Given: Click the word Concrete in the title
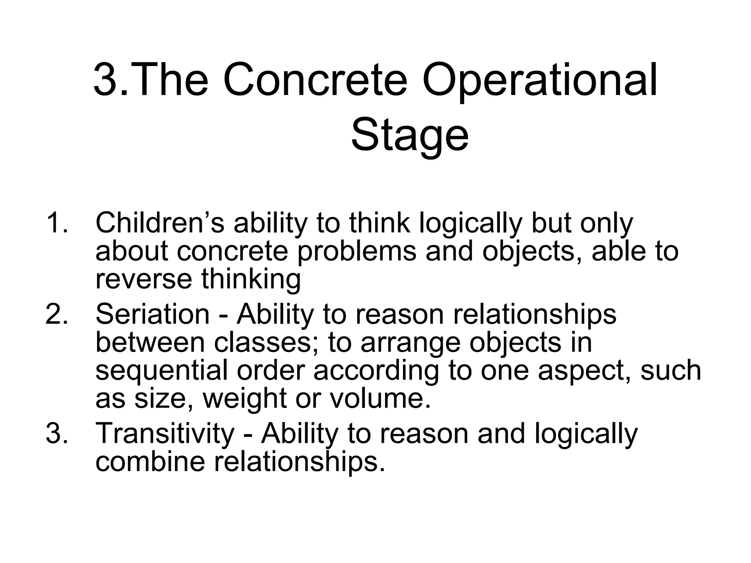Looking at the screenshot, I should (x=315, y=81).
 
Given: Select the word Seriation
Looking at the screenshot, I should (x=152, y=314).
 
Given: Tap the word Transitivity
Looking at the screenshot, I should (x=165, y=433).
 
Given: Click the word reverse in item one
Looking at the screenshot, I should (x=143, y=279).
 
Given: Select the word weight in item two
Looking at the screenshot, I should (x=244, y=399).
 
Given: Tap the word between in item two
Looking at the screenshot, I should (x=150, y=342).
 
